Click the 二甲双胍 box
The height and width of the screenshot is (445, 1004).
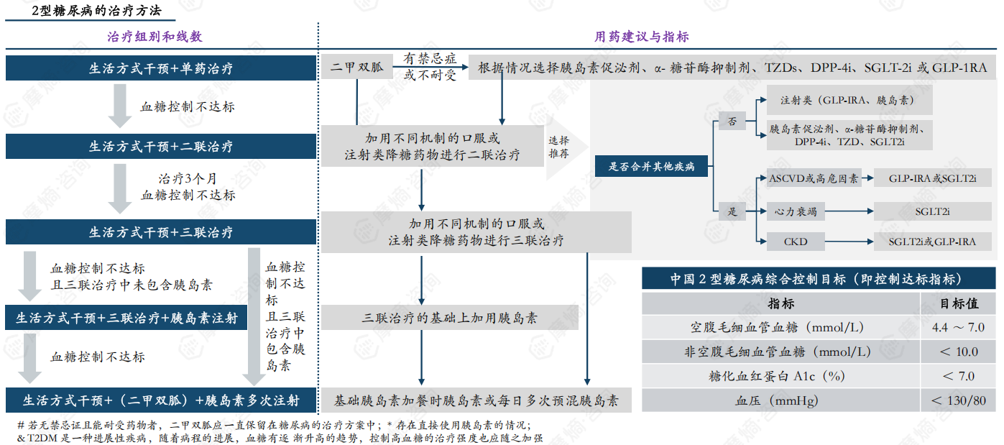coord(356,68)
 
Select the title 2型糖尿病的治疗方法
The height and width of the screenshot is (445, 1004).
coord(97,11)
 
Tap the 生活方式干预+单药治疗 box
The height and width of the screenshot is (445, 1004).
coord(161,69)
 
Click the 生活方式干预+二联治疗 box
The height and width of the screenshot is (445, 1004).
coord(161,147)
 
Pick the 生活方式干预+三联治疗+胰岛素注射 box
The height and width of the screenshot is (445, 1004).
coord(126,318)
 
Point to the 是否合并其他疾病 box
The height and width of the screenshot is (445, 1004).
coord(652,167)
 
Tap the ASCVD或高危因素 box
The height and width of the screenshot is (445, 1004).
coord(813,178)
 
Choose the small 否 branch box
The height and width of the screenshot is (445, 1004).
coord(732,121)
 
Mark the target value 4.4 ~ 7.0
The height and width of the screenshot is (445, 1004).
coord(958,327)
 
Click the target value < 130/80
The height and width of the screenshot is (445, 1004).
coord(958,400)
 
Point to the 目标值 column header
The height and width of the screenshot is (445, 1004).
coord(959,303)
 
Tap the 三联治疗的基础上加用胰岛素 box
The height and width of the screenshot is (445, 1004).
coord(450,318)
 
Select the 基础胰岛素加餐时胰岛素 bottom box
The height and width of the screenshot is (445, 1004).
coord(476,400)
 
